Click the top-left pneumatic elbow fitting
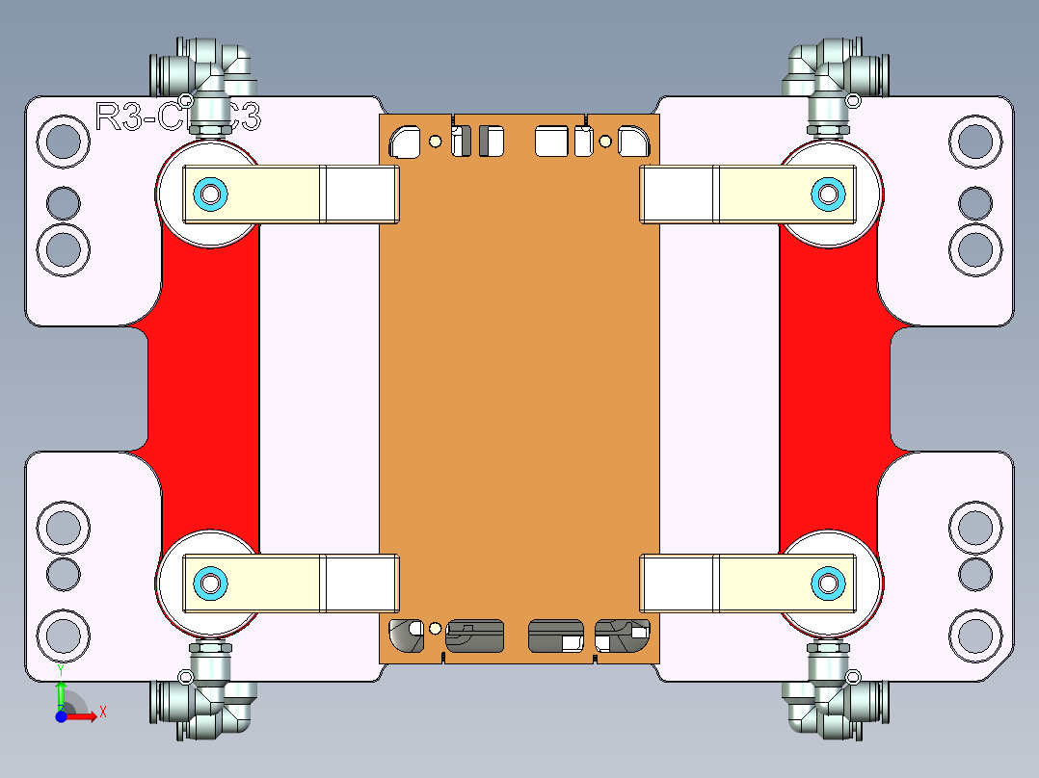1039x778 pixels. coord(207,72)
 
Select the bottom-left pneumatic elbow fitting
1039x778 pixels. coord(207,703)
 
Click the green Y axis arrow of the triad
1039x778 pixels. coord(60,691)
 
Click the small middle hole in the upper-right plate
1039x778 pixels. coord(974,203)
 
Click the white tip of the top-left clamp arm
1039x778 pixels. coord(360,194)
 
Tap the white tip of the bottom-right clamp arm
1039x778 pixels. coord(679,583)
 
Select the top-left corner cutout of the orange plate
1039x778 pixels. coord(405,143)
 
